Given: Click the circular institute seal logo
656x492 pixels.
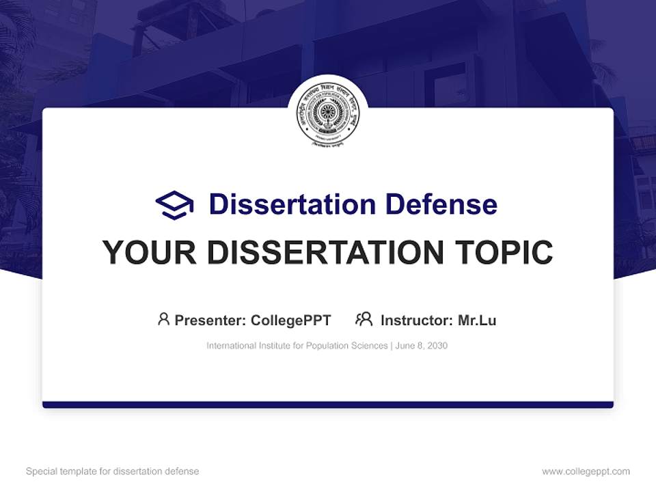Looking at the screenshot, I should [x=328, y=117].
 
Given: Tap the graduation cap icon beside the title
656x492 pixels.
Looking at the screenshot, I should [x=174, y=205].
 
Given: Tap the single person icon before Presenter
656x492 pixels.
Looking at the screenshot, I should [x=163, y=319].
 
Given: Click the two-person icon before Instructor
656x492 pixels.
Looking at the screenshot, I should [x=364, y=319].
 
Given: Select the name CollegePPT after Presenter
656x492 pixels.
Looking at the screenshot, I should [x=291, y=320].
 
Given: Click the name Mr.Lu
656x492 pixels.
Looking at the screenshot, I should [x=477, y=320].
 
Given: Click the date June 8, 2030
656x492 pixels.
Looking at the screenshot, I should [x=422, y=346].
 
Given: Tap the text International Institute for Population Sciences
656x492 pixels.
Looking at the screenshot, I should [x=297, y=346].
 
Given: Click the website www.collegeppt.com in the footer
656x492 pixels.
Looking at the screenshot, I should [x=586, y=471].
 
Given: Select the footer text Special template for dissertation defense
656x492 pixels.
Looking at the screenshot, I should [x=113, y=471].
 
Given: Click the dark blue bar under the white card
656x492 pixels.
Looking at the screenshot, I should [x=328, y=405].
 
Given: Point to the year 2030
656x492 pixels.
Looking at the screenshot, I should [x=437, y=346].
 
